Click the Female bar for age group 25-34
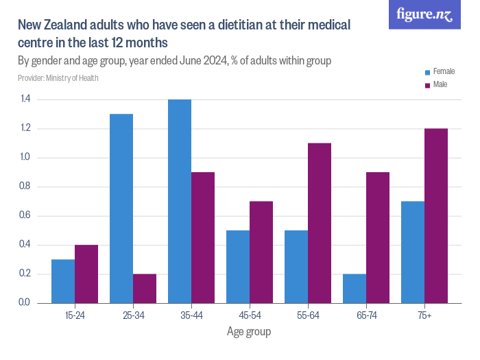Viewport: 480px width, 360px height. tap(121, 208)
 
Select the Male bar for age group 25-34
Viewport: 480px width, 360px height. tap(145, 289)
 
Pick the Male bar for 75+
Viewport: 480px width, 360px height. tap(436, 216)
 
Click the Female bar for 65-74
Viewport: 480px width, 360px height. tap(355, 289)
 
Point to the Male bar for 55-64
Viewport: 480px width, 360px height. tap(320, 223)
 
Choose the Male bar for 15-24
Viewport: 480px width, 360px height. tap(86, 274)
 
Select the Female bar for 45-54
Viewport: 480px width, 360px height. tap(238, 267)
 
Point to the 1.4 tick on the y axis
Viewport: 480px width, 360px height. tap(25, 99)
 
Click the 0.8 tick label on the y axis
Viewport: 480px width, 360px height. tap(25, 187)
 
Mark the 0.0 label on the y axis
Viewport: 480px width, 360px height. tap(25, 303)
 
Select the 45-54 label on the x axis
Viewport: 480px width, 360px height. tap(250, 315)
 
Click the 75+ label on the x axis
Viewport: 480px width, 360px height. tap(424, 315)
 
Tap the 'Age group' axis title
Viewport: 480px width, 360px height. tap(249, 332)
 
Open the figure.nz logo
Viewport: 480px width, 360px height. tap(424, 14)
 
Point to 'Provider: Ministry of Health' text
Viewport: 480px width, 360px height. tap(58, 77)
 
